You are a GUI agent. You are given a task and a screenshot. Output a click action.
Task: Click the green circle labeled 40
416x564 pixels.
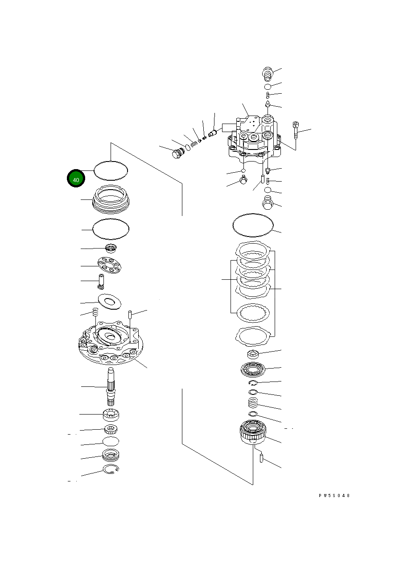coord(76,179)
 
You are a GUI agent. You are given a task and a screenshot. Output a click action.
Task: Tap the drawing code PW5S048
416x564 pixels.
coord(334,496)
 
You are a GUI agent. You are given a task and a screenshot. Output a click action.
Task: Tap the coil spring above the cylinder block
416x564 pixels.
coord(253,403)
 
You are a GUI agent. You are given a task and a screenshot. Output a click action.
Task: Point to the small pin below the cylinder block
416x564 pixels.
coord(261,457)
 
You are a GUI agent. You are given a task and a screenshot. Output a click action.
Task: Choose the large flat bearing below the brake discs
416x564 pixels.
coord(253,369)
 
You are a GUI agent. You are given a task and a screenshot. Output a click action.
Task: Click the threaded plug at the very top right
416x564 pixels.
coord(268,74)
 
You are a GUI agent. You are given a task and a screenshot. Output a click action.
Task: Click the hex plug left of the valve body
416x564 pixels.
coord(177,154)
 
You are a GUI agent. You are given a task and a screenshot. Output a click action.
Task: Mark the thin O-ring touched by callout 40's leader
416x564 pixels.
coord(111,170)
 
